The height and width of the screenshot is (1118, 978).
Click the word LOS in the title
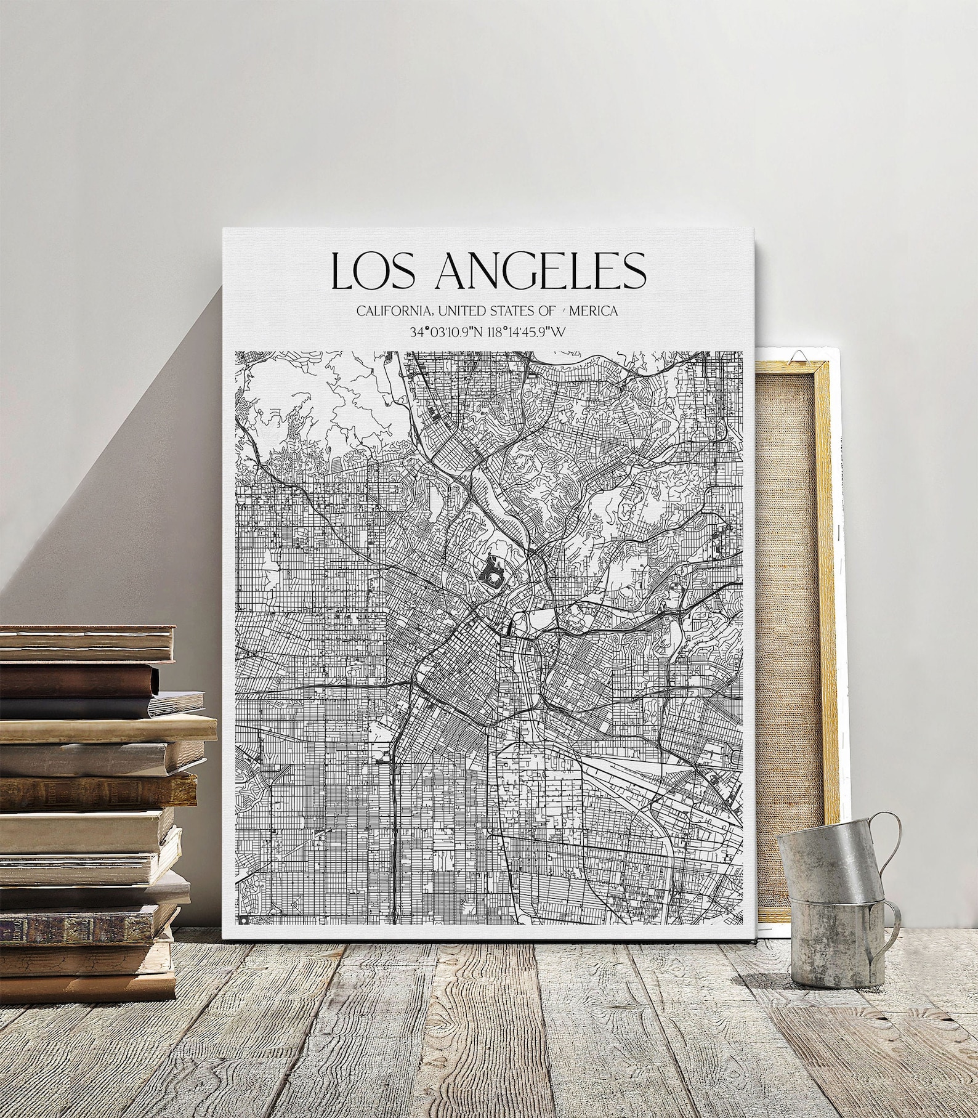coord(376,270)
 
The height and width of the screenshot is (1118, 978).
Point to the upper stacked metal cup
coord(825,862)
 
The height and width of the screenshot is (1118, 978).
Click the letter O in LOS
coord(376,271)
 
